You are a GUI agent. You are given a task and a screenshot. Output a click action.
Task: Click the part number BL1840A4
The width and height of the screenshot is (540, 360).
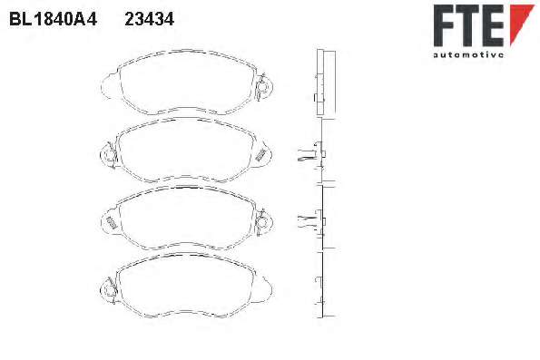[x=53, y=19]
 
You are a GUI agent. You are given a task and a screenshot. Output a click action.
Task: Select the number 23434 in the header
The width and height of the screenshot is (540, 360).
[x=150, y=19]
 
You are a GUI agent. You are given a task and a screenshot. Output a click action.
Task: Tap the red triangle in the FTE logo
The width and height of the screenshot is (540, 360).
[x=521, y=23]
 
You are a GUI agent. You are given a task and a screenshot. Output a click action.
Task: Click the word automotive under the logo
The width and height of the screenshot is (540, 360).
[x=468, y=54]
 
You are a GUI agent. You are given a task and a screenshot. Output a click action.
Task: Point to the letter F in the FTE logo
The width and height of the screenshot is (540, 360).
[x=445, y=25]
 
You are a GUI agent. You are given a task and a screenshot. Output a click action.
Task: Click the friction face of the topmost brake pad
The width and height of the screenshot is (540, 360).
[x=188, y=83]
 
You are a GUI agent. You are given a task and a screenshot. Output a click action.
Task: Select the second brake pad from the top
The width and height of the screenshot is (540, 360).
[x=186, y=150]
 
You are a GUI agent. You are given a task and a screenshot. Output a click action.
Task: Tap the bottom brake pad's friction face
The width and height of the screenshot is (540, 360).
[x=186, y=285]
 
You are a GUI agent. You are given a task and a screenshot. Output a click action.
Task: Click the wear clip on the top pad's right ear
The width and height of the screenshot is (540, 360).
[x=262, y=88]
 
